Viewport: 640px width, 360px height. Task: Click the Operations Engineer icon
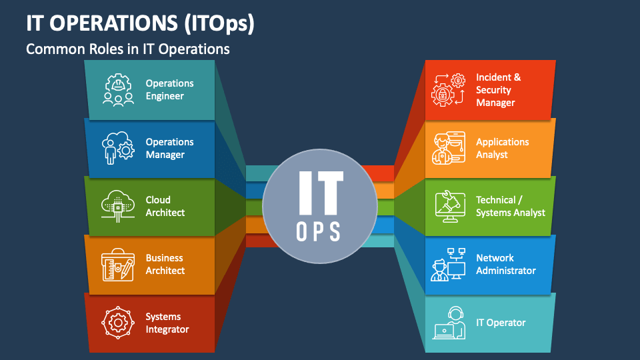(118, 90)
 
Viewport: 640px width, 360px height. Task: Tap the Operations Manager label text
(169, 148)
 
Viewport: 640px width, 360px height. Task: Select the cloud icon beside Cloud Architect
(118, 206)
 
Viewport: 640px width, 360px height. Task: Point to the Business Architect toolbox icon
(118, 265)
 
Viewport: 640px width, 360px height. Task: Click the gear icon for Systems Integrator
(118, 323)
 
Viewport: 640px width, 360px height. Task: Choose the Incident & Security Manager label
(499, 90)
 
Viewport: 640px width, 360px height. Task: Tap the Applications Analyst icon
(449, 148)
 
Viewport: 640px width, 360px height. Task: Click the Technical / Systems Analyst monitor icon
(450, 207)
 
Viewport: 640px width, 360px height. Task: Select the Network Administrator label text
(506, 264)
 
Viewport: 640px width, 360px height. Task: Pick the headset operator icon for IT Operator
(449, 323)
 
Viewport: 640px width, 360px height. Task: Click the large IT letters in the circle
(321, 193)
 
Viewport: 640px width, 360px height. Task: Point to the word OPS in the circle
(319, 231)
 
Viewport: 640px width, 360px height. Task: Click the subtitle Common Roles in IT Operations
(128, 49)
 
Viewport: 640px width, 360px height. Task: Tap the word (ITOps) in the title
(219, 23)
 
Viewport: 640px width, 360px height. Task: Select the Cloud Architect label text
(165, 206)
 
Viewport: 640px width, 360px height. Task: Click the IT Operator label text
(501, 323)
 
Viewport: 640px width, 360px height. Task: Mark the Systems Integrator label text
(167, 323)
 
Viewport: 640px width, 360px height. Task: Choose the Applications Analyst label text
(503, 148)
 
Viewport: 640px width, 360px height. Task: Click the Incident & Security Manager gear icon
(449, 90)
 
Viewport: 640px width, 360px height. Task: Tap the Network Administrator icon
(448, 265)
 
